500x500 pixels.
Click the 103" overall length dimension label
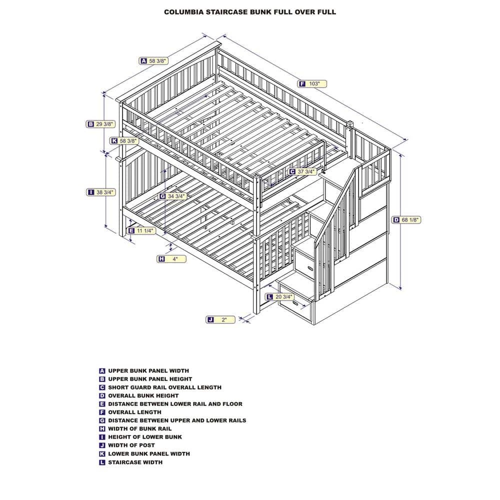pos(312,84)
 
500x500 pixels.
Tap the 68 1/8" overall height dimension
pos(406,219)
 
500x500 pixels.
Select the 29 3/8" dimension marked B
pos(100,124)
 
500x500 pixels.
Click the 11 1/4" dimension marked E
pos(141,230)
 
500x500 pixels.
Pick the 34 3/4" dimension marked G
pos(172,196)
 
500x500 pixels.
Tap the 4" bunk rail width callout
pos(171,259)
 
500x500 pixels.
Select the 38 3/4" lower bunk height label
pos(101,192)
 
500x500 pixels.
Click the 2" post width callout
pos(220,319)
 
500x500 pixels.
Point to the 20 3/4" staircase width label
pos(280,297)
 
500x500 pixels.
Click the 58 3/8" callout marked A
pos(153,61)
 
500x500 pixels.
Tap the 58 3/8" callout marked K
pos(124,140)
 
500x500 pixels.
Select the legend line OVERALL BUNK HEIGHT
pos(143,395)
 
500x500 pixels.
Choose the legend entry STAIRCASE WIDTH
pos(135,462)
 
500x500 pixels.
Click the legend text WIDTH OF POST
pos(131,445)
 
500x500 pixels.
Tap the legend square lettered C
pos(102,387)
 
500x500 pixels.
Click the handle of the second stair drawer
pos(308,268)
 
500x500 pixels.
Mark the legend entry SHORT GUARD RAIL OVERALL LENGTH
pos(164,387)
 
